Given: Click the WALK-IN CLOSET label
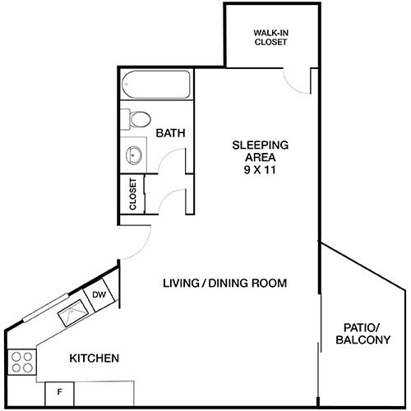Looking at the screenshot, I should [270, 37].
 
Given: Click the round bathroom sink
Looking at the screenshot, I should [133, 153].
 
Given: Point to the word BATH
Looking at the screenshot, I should [170, 132].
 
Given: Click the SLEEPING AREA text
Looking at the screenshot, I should [259, 151].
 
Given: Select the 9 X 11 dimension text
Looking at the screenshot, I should [259, 172].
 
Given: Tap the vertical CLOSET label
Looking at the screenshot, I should [132, 196].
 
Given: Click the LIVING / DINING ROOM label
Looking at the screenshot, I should [224, 284].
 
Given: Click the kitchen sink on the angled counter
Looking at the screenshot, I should [72, 312].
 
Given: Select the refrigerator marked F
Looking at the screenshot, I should [60, 393].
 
